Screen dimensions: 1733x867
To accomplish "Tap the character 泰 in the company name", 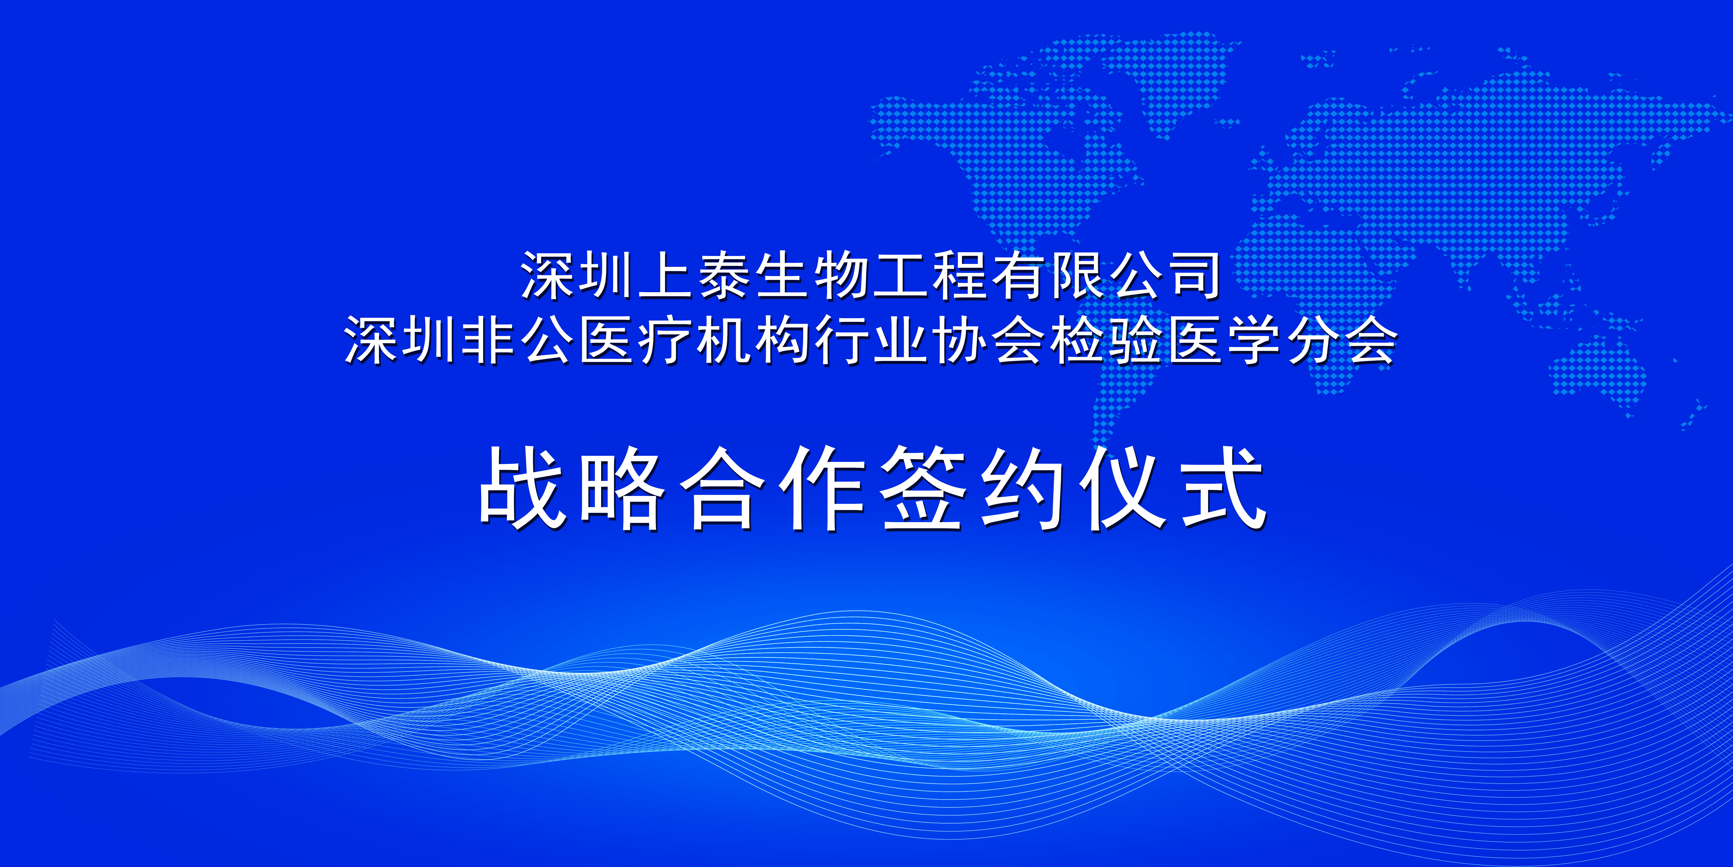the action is [724, 276].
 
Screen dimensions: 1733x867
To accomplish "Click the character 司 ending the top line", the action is [1194, 276].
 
